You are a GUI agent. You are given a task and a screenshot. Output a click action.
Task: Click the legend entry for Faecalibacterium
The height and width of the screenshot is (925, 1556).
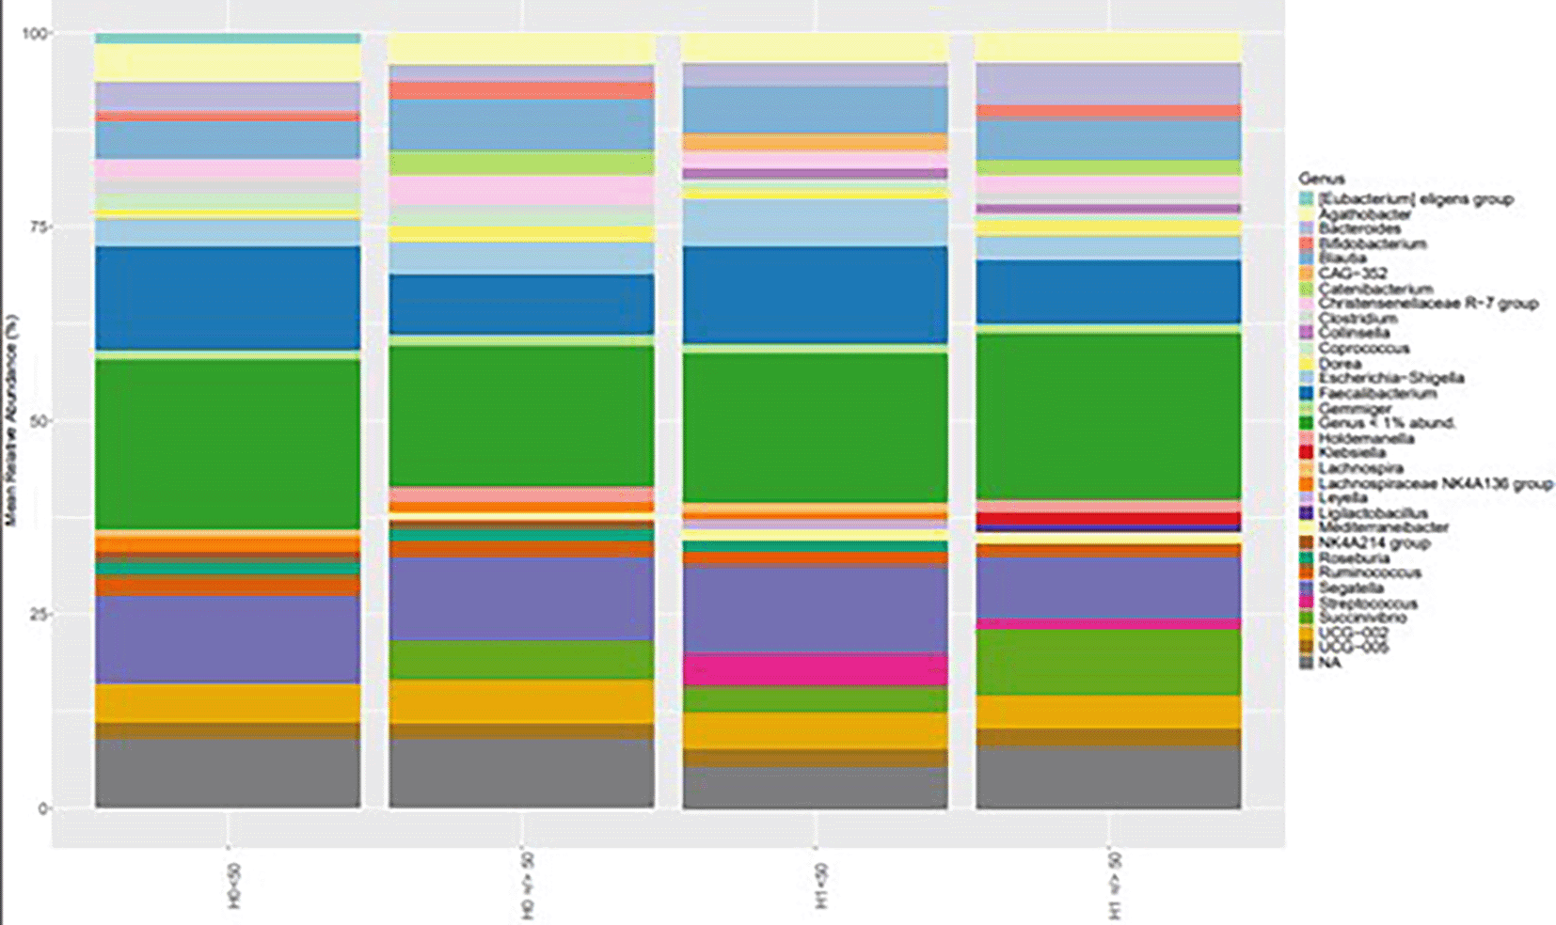(x=1376, y=393)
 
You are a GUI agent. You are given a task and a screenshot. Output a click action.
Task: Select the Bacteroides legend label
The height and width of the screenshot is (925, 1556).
(x=1358, y=228)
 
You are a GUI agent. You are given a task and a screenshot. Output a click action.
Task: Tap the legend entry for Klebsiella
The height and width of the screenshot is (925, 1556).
(x=1351, y=453)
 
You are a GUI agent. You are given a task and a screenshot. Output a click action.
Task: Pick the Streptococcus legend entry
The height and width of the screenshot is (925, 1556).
(x=1367, y=604)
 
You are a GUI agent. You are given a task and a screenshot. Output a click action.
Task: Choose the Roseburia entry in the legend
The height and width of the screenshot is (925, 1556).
(x=1353, y=557)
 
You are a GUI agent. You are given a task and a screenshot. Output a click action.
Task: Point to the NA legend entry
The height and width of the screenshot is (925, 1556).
(x=1328, y=663)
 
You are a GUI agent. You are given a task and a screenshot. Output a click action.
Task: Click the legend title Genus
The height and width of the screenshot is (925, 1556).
(x=1321, y=179)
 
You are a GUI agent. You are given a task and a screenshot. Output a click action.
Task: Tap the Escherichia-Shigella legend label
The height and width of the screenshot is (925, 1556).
(x=1390, y=378)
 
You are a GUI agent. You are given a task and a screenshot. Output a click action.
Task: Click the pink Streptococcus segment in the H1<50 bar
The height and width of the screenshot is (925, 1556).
(x=815, y=669)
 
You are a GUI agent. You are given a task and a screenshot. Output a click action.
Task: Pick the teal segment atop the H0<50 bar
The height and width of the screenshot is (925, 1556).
(x=228, y=39)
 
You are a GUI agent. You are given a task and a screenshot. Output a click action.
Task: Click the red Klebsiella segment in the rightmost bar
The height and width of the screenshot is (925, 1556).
(x=1108, y=518)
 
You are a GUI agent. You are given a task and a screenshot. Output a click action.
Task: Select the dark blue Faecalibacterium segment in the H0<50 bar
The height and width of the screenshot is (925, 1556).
(x=228, y=298)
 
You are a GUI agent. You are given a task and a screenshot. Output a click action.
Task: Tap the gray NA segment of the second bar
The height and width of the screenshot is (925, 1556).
(x=521, y=773)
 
